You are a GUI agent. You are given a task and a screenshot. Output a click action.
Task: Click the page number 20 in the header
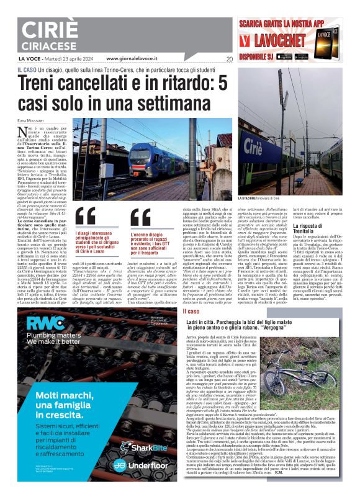pos(230,59)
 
